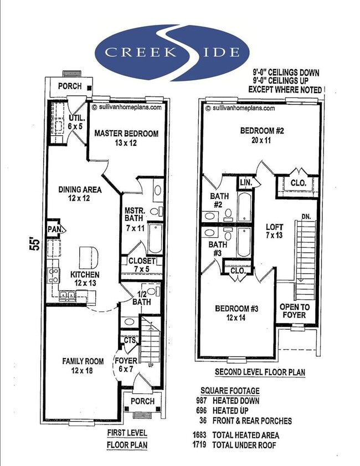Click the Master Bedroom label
[x=126, y=138]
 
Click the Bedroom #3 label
[x=235, y=314]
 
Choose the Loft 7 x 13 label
[x=274, y=231]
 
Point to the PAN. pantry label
[x=54, y=229]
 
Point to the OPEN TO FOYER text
[x=294, y=311]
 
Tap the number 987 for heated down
[x=204, y=401]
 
